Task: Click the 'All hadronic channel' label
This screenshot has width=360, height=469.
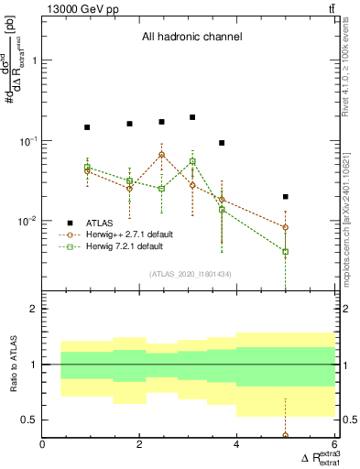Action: coord(191,38)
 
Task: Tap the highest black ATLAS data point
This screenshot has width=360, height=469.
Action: coord(192,117)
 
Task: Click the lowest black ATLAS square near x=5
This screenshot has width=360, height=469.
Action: coord(286,197)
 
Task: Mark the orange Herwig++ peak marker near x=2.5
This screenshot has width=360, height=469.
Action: coord(161,155)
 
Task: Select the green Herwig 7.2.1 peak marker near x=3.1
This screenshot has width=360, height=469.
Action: coord(192,161)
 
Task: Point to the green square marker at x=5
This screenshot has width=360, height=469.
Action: coord(286,251)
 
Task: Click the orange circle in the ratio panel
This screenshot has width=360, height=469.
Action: coord(286,436)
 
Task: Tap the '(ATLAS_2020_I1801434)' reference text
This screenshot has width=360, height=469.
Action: coord(191,274)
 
